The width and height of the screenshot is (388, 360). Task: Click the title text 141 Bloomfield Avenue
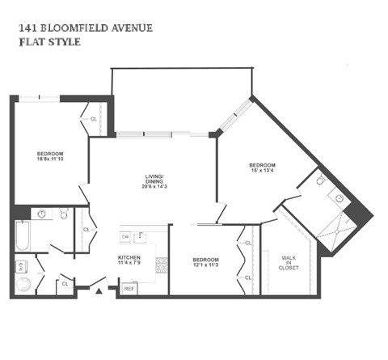tap(84, 28)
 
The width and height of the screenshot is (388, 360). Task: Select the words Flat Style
tap(48, 42)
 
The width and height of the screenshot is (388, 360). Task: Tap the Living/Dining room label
tap(154, 181)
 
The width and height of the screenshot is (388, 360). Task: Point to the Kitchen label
tap(129, 260)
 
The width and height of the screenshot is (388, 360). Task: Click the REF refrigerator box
tap(129, 288)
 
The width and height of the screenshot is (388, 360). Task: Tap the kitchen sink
tap(142, 237)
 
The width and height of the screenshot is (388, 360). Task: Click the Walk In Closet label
tap(289, 264)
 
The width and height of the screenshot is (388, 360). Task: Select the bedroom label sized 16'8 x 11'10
tap(50, 157)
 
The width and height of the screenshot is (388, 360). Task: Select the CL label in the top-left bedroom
tap(94, 119)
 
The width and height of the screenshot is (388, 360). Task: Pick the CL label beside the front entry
tap(64, 283)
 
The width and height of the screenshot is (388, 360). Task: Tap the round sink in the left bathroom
tap(40, 214)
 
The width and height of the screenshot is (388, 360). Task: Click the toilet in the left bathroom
tap(61, 213)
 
